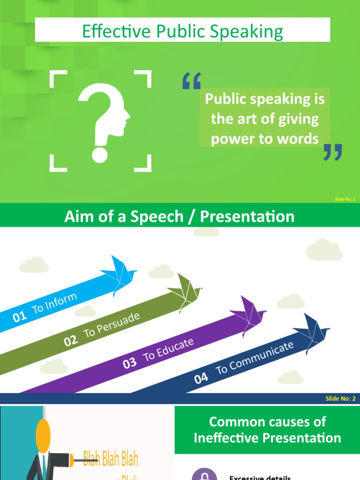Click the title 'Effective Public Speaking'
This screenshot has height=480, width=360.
point(182,32)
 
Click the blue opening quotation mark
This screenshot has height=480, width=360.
point(191,81)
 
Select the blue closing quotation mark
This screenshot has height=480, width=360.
point(333,152)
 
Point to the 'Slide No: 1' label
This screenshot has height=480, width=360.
point(345,199)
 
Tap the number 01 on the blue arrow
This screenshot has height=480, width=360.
point(20,317)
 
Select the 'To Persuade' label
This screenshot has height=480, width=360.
point(112,325)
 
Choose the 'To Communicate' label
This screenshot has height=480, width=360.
point(255,358)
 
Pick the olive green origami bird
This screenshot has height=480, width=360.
point(184,292)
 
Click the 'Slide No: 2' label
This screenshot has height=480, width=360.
point(341,399)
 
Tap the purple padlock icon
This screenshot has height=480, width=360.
point(204,475)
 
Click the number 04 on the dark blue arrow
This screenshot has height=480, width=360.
point(201,378)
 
